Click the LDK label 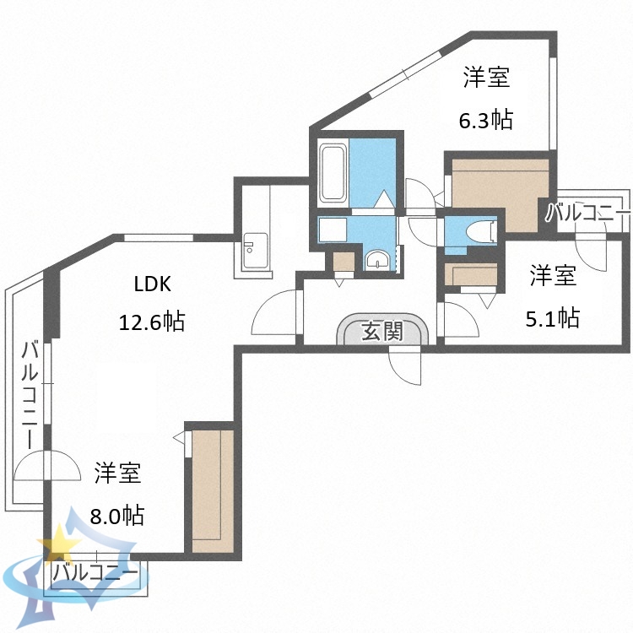(x=153, y=284)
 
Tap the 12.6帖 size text (x=152, y=321)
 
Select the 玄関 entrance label (x=381, y=332)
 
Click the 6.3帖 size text (x=486, y=120)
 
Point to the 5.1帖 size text (x=553, y=318)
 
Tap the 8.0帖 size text (x=117, y=514)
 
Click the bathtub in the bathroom (x=333, y=173)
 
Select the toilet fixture (x=481, y=230)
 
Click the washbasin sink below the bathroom (x=376, y=259)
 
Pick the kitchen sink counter (x=252, y=252)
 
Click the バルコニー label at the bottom (x=95, y=573)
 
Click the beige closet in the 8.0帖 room (x=211, y=490)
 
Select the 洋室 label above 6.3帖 (x=486, y=79)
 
